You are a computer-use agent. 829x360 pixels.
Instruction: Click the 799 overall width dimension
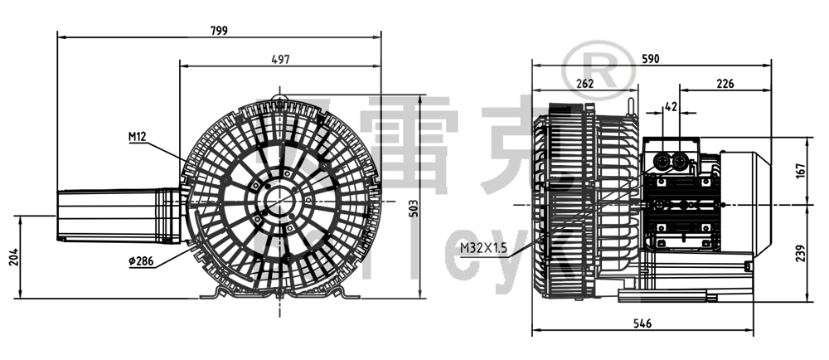tap(219, 30)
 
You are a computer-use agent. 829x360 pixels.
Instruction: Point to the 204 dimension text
tap(12, 257)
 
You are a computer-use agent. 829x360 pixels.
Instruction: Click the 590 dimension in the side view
tap(651, 58)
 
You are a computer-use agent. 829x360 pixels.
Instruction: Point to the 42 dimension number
tap(671, 106)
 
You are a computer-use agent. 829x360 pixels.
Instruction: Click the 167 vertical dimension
tap(800, 171)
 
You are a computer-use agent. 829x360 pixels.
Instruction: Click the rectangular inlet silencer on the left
tap(116, 216)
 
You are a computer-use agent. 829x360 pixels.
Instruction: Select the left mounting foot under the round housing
tap(216, 292)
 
